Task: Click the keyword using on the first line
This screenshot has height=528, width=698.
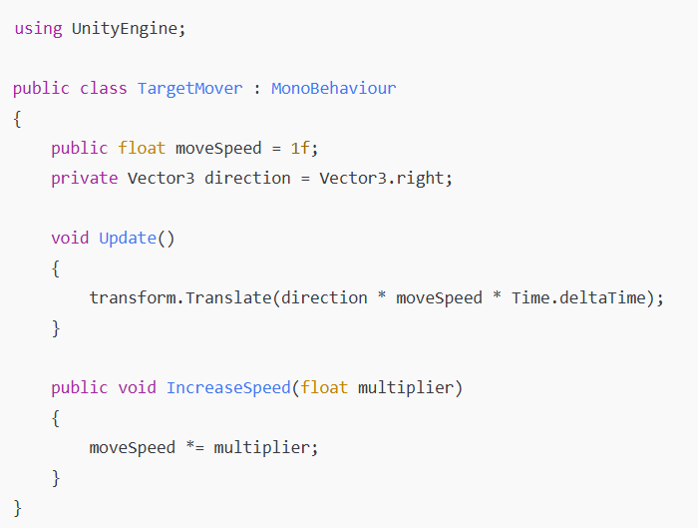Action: pyautogui.click(x=38, y=28)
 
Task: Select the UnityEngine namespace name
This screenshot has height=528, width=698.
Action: pyautogui.click(x=128, y=28)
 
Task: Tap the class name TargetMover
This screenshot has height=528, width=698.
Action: pyautogui.click(x=189, y=88)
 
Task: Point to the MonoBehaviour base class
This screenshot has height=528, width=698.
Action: pyautogui.click(x=333, y=88)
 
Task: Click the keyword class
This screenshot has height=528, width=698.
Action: pyautogui.click(x=104, y=88)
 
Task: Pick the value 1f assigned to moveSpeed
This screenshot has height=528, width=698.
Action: pyautogui.click(x=301, y=148)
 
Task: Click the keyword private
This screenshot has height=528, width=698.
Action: pyautogui.click(x=85, y=178)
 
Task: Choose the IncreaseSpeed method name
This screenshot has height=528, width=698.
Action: pyautogui.click(x=228, y=387)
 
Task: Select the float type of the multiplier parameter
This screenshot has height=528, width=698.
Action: pyautogui.click(x=324, y=387)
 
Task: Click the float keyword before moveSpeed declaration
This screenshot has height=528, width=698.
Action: pyautogui.click(x=142, y=148)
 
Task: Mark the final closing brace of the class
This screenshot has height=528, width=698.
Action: pyautogui.click(x=18, y=507)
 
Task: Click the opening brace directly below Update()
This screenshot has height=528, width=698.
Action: pyautogui.click(x=56, y=267)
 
